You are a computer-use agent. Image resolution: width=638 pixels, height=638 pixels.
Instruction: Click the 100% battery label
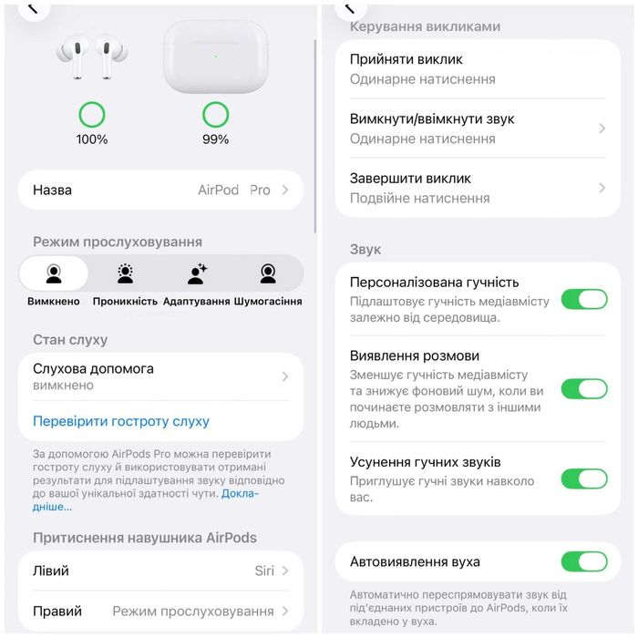[92, 139]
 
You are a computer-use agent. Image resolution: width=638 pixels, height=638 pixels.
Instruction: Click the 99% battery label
[215, 139]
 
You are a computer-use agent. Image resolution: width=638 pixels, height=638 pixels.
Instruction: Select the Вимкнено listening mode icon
[54, 273]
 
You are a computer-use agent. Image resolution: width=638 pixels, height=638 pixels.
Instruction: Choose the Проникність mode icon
[126, 273]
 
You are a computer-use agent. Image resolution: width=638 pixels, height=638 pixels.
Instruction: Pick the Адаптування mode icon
[197, 273]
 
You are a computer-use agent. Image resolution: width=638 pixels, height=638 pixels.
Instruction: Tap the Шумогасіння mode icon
[268, 273]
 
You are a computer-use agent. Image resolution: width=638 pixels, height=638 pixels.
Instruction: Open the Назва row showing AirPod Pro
[160, 190]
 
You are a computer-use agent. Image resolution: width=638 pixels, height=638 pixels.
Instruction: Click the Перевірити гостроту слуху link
[121, 421]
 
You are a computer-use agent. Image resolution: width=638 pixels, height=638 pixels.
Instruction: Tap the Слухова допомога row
[160, 376]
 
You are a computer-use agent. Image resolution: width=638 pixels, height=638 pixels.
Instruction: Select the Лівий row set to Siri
[160, 571]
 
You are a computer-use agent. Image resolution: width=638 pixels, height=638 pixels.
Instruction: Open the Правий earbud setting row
[160, 611]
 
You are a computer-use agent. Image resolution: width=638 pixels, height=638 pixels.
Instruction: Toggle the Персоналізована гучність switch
[583, 299]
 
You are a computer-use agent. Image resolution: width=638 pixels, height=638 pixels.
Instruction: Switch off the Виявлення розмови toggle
[583, 389]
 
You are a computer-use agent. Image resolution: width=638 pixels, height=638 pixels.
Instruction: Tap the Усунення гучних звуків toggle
[583, 478]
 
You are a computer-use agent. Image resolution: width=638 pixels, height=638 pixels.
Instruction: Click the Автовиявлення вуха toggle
[583, 561]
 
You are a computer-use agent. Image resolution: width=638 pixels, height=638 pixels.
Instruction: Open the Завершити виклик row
[478, 188]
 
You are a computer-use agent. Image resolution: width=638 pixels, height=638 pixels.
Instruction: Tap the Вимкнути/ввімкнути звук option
[478, 129]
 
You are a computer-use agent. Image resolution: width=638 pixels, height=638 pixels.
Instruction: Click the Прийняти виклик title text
[406, 59]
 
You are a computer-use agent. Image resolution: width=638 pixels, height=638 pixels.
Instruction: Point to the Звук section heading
[365, 249]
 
